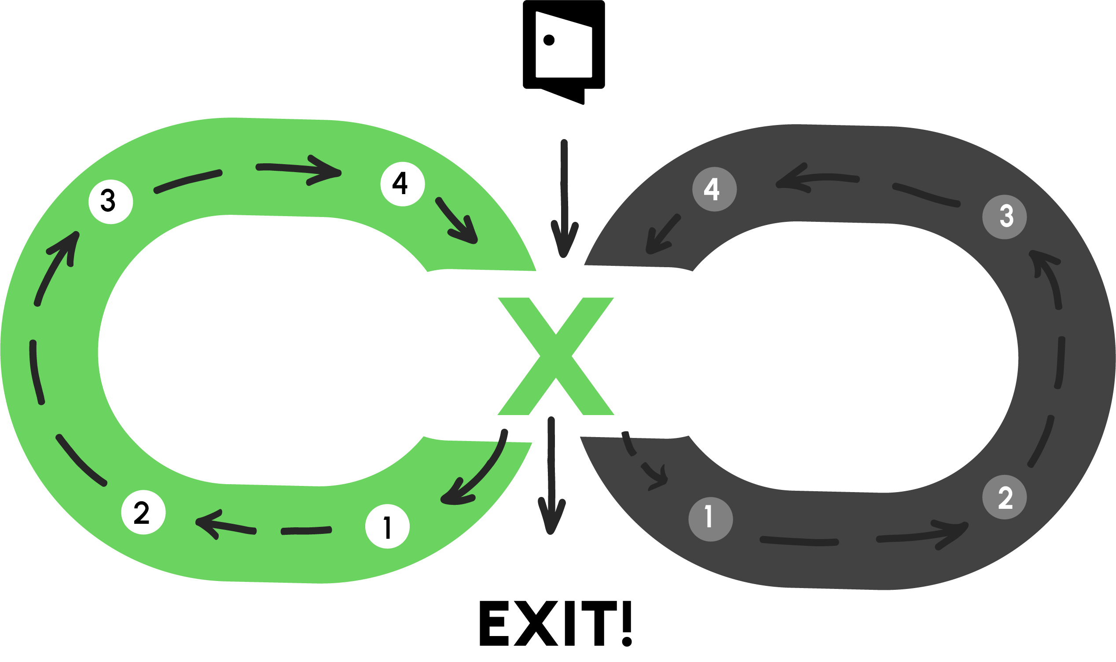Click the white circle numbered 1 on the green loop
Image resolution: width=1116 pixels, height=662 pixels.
tap(387, 526)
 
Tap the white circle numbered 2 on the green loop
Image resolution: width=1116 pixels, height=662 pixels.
tap(143, 512)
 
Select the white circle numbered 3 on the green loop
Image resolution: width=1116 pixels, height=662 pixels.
tap(110, 202)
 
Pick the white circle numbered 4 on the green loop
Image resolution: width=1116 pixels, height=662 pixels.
tap(402, 184)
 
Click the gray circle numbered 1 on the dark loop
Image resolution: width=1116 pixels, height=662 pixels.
tap(710, 519)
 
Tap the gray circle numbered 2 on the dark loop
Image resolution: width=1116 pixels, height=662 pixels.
tap(1004, 497)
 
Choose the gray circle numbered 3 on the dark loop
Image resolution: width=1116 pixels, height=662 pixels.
tap(1004, 217)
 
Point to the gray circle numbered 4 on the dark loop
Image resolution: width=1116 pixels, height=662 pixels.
tap(714, 189)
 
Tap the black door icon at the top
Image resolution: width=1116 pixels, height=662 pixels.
tap(564, 49)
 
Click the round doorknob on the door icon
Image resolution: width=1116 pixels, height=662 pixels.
tap(549, 40)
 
